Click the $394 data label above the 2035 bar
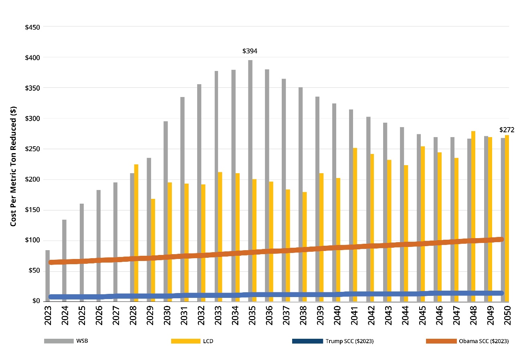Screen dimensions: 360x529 pos(250,51)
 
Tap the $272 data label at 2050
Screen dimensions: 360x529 pos(507,130)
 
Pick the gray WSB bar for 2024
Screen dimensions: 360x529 pos(64,257)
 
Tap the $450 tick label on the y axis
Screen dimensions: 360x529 pos(32,27)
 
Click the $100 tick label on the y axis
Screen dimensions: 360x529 pos(32,240)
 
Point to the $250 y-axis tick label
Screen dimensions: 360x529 pos(32,149)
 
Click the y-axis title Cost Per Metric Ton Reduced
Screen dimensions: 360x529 pos(13,166)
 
